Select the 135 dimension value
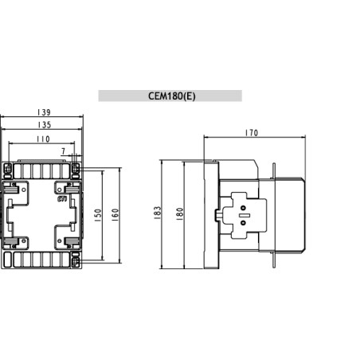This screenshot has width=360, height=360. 44,125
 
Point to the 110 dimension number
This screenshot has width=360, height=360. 42,139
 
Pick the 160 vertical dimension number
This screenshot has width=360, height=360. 116,216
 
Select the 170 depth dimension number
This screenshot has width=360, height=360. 254,132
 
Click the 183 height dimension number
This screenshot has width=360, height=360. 158,213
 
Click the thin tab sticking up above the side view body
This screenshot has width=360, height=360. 275,170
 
